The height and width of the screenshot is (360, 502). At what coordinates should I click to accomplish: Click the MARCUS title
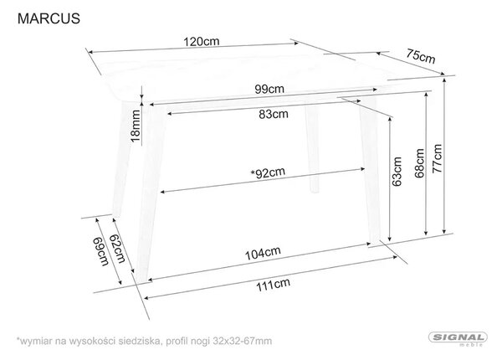49,18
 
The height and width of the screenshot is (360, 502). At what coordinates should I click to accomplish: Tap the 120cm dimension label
202,41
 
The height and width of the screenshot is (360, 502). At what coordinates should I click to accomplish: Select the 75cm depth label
421,56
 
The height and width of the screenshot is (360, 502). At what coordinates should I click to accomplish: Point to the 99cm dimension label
269,89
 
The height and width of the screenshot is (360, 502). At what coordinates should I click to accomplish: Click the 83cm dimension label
274,114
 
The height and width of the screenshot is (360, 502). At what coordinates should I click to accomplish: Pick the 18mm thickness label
136,126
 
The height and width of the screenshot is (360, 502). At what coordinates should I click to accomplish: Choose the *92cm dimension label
268,172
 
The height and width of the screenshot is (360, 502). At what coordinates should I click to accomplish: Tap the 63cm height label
397,172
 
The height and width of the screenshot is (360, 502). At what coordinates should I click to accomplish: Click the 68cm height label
419,163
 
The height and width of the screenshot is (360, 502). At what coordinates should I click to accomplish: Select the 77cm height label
437,159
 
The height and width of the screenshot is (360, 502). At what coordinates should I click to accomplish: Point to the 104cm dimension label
263,254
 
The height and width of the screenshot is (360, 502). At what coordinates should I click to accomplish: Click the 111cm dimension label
273,285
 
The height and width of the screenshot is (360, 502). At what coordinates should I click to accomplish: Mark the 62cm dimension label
117,249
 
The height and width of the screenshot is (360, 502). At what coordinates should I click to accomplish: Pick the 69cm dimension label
100,252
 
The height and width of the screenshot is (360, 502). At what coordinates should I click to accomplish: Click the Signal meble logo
458,339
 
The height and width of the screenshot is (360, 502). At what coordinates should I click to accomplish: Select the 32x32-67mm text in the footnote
243,341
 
